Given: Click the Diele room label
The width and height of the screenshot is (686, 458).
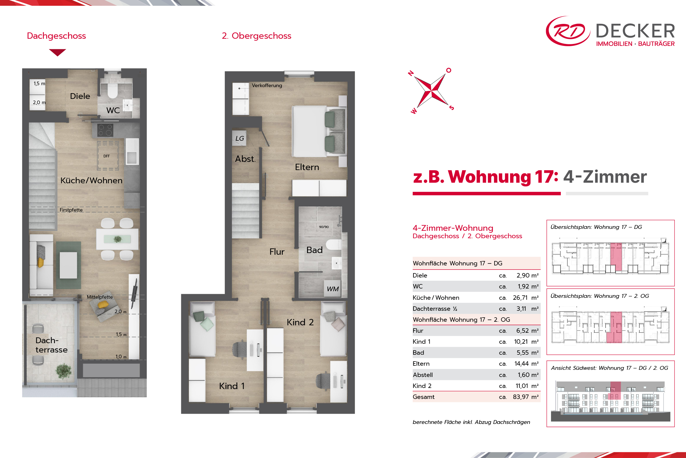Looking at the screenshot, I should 80,96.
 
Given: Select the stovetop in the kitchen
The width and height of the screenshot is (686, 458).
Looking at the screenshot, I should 105,130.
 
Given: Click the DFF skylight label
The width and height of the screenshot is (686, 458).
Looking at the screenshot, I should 106,156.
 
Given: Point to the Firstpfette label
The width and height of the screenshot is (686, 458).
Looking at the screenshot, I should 71,210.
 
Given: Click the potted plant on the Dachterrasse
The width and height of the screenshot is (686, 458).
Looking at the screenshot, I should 63,371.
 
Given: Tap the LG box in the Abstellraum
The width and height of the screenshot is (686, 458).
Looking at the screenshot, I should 240,138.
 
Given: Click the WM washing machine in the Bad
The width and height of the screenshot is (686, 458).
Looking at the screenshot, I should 333,289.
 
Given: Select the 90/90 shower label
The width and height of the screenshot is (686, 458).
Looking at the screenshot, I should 324,227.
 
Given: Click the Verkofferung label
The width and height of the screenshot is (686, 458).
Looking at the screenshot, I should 267,85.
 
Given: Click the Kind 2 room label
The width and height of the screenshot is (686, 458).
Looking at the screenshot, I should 300,322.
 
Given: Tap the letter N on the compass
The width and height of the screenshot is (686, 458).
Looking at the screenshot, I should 411,73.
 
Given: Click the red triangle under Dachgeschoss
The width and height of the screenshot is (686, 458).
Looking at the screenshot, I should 57,52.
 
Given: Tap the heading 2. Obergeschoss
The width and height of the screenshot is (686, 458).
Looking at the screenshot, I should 256,36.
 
